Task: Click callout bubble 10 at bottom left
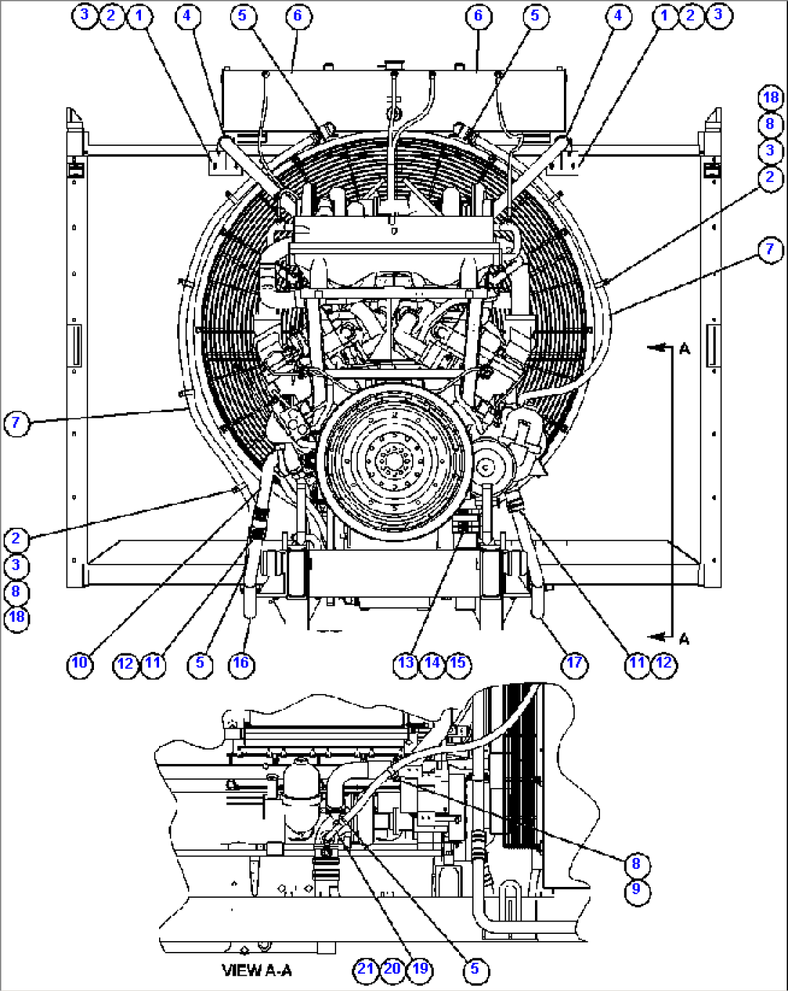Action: pyautogui.click(x=80, y=663)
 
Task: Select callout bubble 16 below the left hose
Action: pyautogui.click(x=241, y=663)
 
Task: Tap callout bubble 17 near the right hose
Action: pyautogui.click(x=574, y=663)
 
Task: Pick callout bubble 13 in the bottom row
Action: pyautogui.click(x=406, y=663)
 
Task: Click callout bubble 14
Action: pyautogui.click(x=432, y=663)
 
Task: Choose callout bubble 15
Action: pyautogui.click(x=458, y=663)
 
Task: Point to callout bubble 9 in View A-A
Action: pyautogui.click(x=636, y=889)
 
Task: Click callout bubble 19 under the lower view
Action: pyautogui.click(x=419, y=969)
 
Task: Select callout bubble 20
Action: pyautogui.click(x=393, y=969)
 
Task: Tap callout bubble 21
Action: pyautogui.click(x=366, y=969)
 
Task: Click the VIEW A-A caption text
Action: pyautogui.click(x=257, y=970)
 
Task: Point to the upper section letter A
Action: pyautogui.click(x=684, y=349)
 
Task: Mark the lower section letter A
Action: pyautogui.click(x=684, y=638)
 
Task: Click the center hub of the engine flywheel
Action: pyautogui.click(x=393, y=460)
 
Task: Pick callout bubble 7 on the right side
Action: pyautogui.click(x=770, y=249)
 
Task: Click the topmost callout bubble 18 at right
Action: pyautogui.click(x=771, y=97)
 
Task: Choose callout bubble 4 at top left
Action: pyautogui.click(x=187, y=15)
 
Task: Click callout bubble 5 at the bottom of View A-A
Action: pyautogui.click(x=474, y=969)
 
